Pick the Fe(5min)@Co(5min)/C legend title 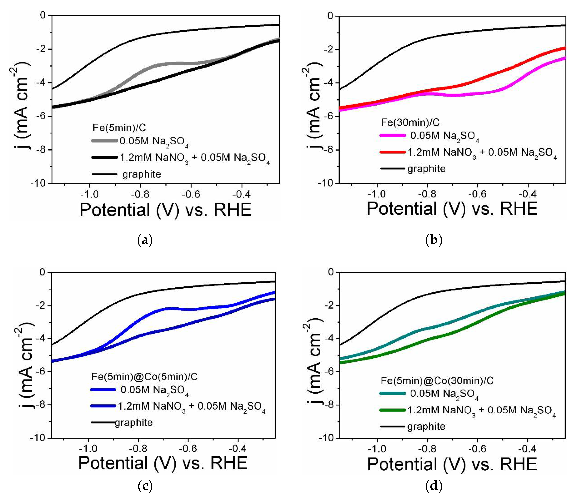[x=144, y=377]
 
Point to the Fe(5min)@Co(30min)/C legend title [x=437, y=380]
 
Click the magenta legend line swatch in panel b [x=392, y=136]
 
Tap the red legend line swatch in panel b [x=392, y=152]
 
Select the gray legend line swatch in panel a [x=104, y=141]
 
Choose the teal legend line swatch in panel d [x=392, y=393]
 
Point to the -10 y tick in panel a [x=38, y=183]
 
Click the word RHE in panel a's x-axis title [x=232, y=210]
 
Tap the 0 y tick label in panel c [x=42, y=272]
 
